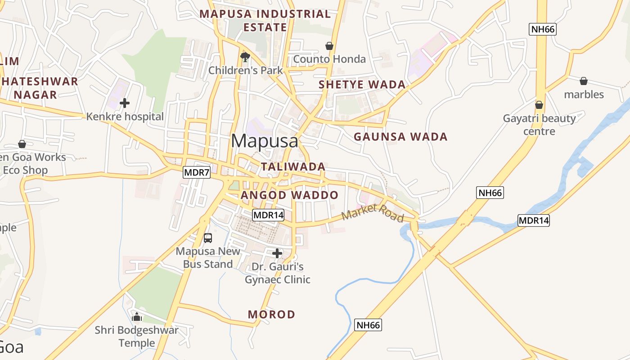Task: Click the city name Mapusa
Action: pos(264,141)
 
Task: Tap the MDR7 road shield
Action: pos(197,172)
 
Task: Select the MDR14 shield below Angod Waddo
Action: pos(268,215)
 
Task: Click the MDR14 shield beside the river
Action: pos(534,220)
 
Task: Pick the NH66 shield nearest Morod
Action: pos(368,325)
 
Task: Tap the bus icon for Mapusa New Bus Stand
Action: pos(208,238)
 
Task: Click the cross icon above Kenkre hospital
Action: pos(125,103)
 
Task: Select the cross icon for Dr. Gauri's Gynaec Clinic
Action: pos(277,253)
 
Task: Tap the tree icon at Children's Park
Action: pos(245,57)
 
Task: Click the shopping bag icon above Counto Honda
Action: pos(329,46)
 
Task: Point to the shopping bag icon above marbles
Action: pos(584,81)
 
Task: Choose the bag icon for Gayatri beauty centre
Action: pos(539,105)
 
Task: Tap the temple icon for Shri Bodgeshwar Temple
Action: pos(137,317)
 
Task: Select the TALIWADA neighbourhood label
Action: pos(293,166)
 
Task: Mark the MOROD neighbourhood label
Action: pos(271,314)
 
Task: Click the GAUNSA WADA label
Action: pos(400,136)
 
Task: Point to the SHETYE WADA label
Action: pos(362,84)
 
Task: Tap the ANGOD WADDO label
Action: pos(289,195)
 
